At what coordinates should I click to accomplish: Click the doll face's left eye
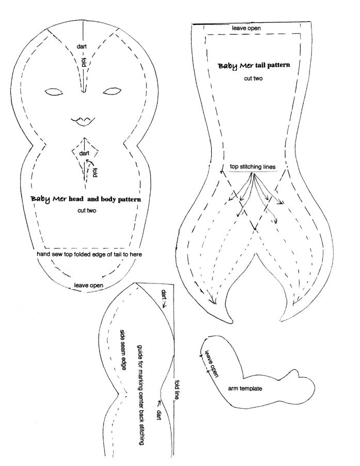tap(54, 92)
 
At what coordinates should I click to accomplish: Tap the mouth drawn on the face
tap(83, 120)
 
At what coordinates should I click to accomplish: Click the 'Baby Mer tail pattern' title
tap(254, 66)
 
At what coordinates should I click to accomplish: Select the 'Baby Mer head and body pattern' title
tap(86, 199)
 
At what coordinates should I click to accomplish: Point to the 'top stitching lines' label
tap(253, 167)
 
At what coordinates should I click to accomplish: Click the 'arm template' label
tap(245, 388)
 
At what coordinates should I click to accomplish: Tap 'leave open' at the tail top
tap(246, 28)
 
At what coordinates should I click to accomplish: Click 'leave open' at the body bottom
tap(88, 285)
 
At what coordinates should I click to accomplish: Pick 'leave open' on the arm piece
tap(211, 364)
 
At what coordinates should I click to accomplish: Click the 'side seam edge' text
tap(123, 349)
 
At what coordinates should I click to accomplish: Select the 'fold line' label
tap(177, 390)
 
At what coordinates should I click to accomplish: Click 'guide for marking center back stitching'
tap(141, 395)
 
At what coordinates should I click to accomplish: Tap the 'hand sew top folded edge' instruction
tap(89, 254)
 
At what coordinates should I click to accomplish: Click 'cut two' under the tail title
tap(253, 79)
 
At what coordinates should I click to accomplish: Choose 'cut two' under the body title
tap(87, 210)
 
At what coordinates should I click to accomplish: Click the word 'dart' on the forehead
tap(82, 46)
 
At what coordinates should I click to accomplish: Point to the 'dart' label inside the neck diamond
tap(84, 153)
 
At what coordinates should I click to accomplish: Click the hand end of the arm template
tap(303, 386)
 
